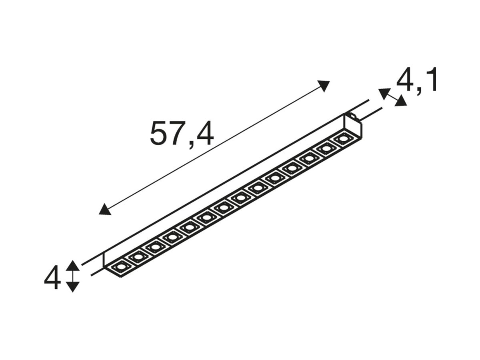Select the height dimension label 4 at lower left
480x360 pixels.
52,277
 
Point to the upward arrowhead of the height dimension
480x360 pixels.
73,265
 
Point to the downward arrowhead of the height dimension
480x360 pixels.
73,287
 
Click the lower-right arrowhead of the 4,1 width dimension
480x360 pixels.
401,101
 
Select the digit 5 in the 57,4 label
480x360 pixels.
158,133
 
